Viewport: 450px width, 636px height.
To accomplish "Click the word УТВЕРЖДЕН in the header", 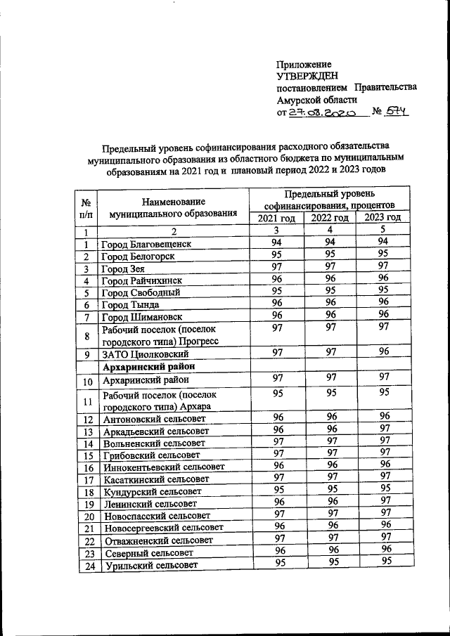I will pyautogui.click(x=308, y=76).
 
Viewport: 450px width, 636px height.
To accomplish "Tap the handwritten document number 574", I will pyautogui.click(x=396, y=112).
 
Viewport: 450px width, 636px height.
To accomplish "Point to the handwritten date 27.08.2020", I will pyautogui.click(x=323, y=112).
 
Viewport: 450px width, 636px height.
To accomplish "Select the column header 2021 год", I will pyautogui.click(x=277, y=218).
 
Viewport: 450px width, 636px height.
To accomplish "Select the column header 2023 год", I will pyautogui.click(x=382, y=218).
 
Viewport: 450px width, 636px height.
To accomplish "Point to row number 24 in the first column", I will pyautogui.click(x=88, y=566).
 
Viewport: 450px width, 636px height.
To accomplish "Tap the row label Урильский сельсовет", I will pyautogui.click(x=150, y=566).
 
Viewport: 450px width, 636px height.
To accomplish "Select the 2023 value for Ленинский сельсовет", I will pyautogui.click(x=382, y=501).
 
